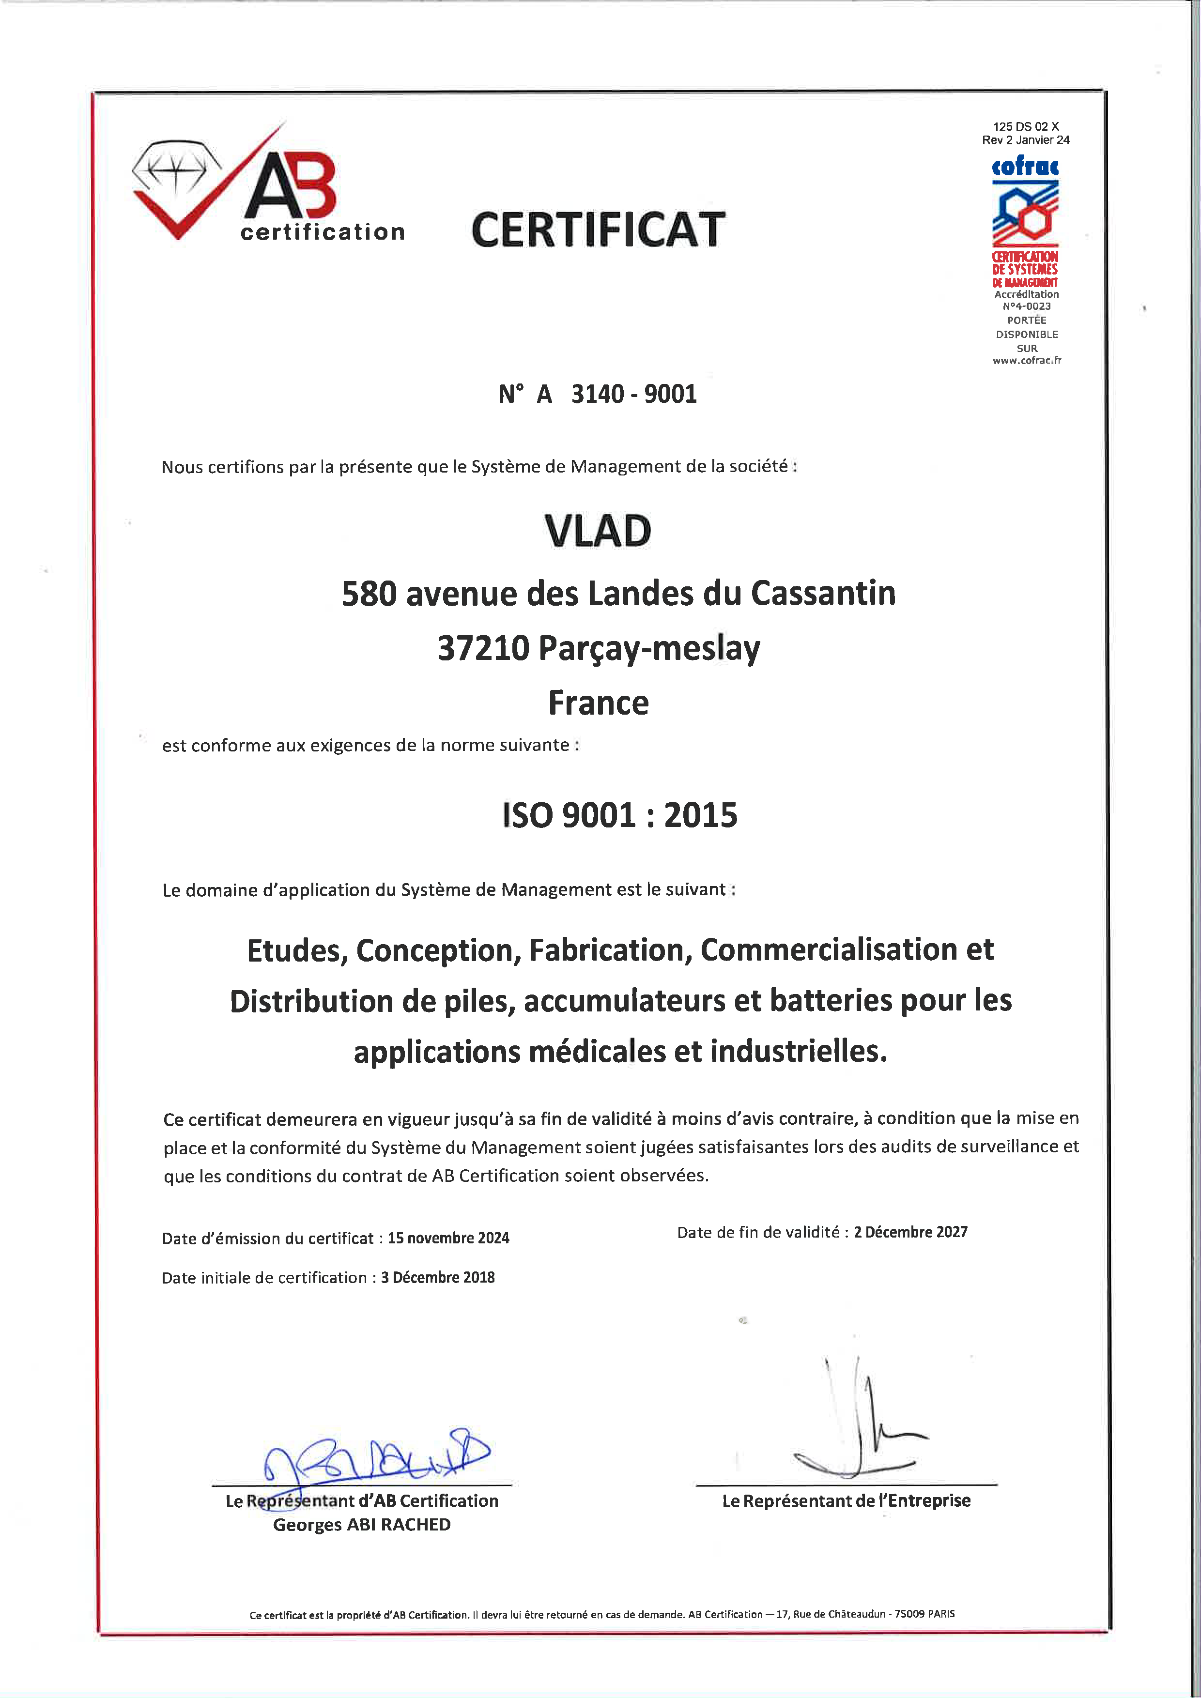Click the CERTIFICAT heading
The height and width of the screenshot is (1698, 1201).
point(598,230)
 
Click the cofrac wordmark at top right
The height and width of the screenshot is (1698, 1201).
point(1025,167)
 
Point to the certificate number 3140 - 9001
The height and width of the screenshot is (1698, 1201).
point(634,394)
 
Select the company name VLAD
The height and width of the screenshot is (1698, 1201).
point(598,531)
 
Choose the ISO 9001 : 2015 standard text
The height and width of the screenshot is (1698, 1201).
point(620,815)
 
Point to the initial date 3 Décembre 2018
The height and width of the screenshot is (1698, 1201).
point(438,1277)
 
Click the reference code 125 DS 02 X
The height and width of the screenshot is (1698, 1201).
point(1026,126)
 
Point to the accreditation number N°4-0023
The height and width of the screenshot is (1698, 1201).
point(1027,306)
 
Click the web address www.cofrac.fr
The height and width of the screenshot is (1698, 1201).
point(1027,361)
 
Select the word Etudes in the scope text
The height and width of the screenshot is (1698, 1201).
point(297,951)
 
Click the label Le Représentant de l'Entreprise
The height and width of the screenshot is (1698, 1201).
point(846,1500)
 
